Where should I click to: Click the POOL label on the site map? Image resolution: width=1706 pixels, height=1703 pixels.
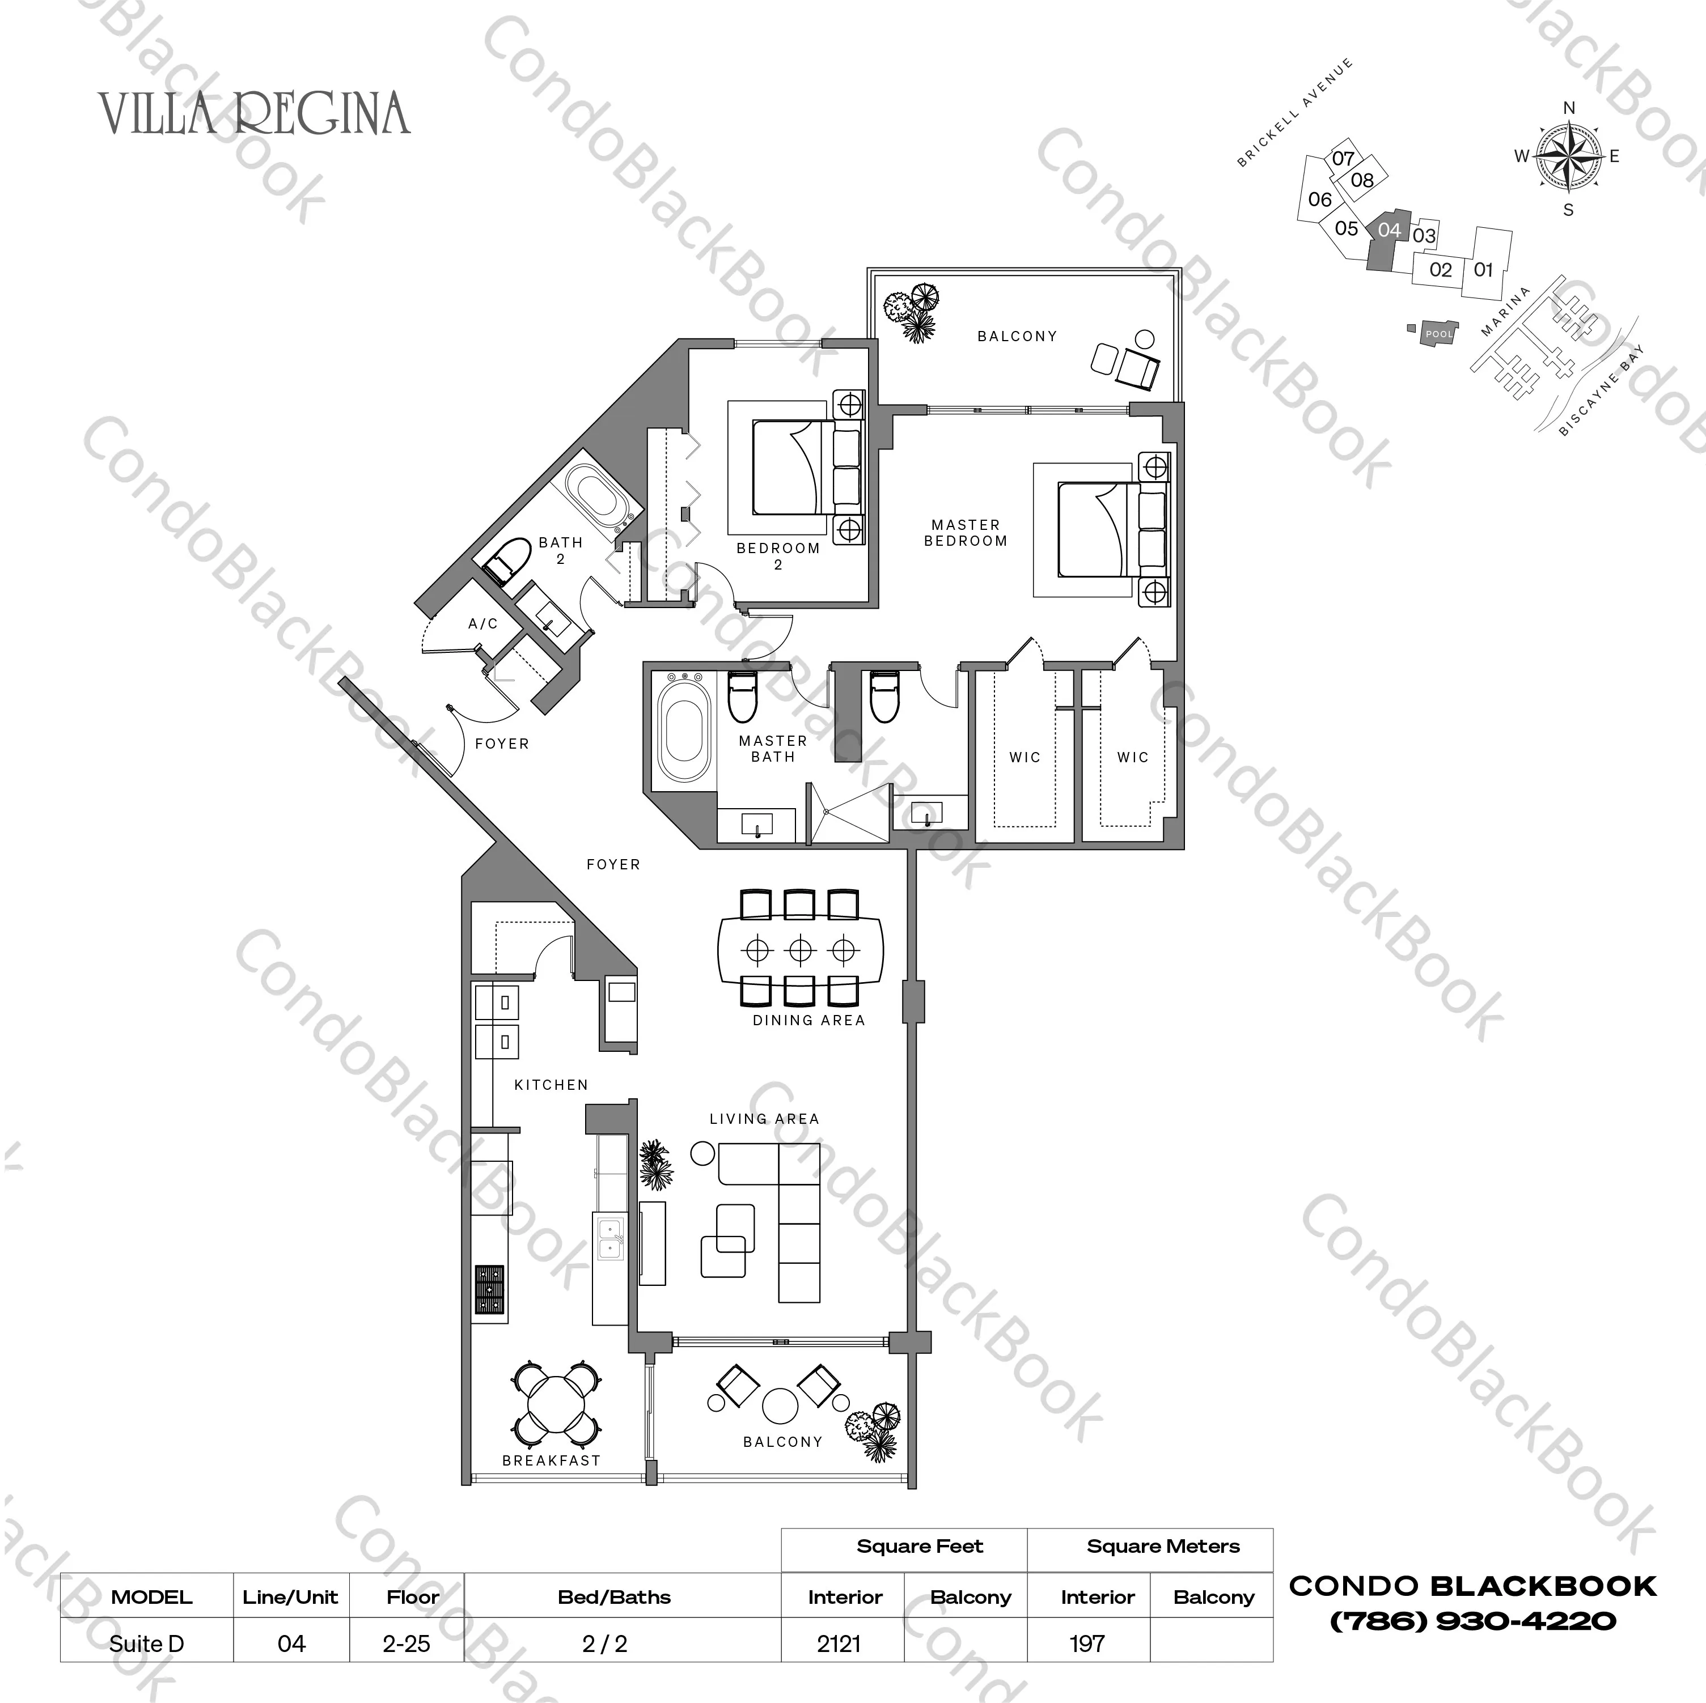(x=1438, y=334)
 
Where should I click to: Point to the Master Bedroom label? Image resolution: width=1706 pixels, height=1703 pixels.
(x=965, y=532)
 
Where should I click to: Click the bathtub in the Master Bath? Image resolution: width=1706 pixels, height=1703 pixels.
(x=683, y=729)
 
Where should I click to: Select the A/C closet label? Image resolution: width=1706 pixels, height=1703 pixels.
(x=483, y=623)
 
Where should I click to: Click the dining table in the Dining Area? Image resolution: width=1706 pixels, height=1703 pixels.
(x=800, y=950)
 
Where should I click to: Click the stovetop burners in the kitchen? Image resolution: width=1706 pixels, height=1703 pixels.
(x=489, y=1292)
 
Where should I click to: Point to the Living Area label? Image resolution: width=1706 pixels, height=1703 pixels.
(x=764, y=1119)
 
